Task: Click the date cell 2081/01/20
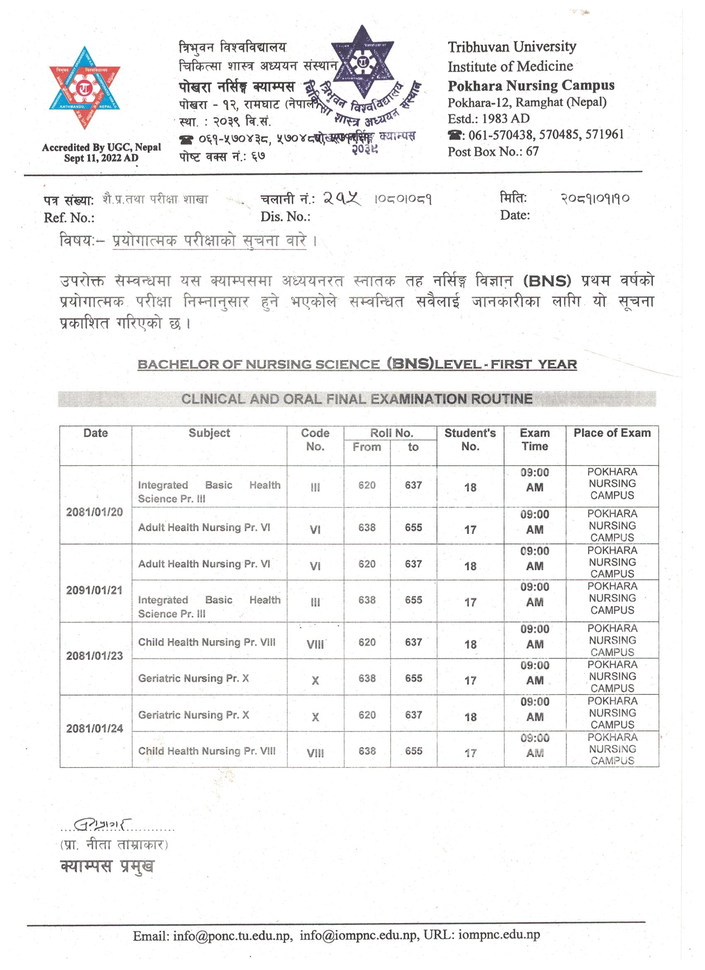[x=95, y=512]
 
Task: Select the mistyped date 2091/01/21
[x=95, y=591]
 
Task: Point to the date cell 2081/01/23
[x=95, y=656]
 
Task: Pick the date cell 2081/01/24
[x=95, y=729]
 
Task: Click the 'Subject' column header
[x=209, y=433]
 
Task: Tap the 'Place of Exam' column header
[x=612, y=433]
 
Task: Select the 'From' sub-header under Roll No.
[x=367, y=447]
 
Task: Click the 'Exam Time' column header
[x=535, y=440]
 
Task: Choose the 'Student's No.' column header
[x=470, y=440]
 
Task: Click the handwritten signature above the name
[x=102, y=823]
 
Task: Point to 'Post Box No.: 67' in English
[x=493, y=151]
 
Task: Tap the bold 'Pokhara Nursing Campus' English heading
[x=530, y=85]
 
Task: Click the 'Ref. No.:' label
[x=69, y=218]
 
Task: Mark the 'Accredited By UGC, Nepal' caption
[x=101, y=148]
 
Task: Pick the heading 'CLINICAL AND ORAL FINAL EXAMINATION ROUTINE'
[x=357, y=399]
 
